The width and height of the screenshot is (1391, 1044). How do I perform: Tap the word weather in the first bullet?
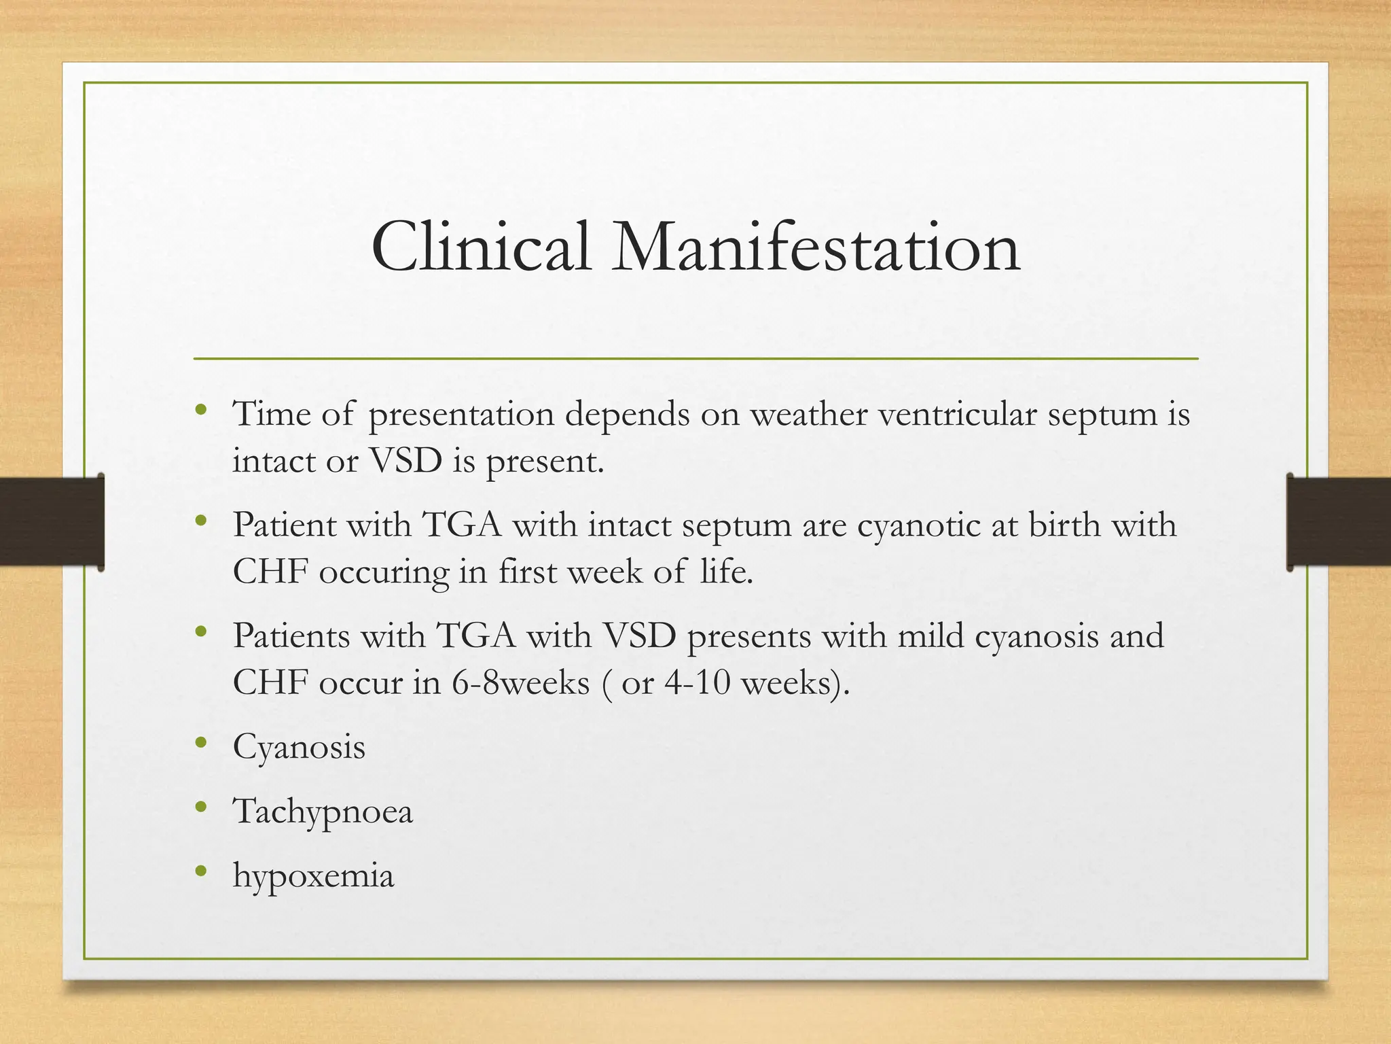808,414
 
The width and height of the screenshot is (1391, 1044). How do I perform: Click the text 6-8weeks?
520,682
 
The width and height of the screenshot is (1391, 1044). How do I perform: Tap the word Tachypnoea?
323,812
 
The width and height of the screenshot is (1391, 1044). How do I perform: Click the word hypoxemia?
313,875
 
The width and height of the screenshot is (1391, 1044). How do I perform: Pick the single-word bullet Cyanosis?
299,748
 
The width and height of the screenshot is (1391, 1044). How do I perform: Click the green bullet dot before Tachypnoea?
200,807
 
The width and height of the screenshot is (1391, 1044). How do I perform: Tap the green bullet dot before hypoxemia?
200,871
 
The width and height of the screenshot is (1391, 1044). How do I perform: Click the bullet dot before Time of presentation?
200,410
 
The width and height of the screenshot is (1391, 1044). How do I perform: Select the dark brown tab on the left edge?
52,521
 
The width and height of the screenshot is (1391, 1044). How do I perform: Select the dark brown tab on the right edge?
1339,521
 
